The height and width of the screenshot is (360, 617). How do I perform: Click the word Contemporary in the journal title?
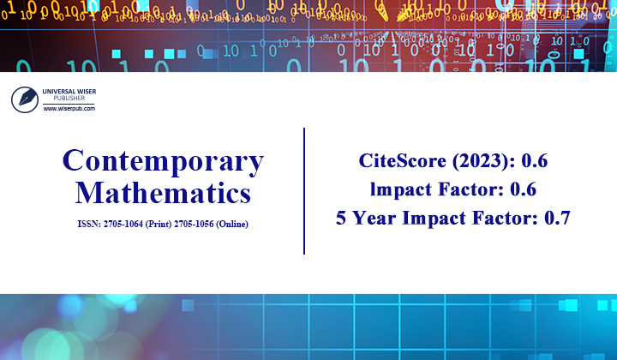(163, 161)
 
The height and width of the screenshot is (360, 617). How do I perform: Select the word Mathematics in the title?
(163, 192)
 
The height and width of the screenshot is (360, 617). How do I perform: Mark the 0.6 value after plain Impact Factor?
(523, 189)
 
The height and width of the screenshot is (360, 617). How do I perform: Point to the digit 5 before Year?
(343, 218)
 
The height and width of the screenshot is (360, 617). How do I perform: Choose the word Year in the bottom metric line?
(377, 218)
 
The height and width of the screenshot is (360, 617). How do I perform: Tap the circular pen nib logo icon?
(24, 99)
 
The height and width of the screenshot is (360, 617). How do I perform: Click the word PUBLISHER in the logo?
(70, 99)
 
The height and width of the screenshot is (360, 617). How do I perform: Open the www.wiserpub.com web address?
(70, 109)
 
